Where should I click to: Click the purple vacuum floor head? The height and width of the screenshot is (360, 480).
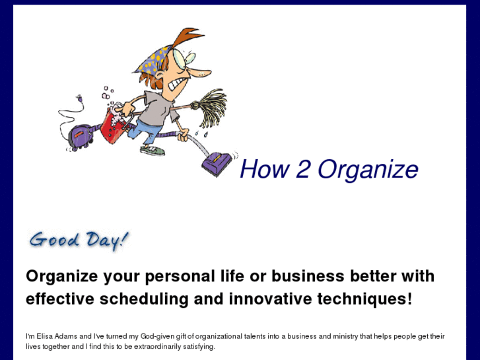(x=217, y=161)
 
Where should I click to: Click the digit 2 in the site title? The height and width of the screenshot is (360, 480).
(x=302, y=170)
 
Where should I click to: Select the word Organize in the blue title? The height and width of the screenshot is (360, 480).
(x=368, y=170)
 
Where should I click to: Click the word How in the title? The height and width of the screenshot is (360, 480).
(x=264, y=170)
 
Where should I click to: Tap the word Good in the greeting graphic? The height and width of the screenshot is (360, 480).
(x=54, y=239)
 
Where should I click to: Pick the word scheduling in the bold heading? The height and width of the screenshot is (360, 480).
(x=144, y=299)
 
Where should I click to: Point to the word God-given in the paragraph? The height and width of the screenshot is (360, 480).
(x=158, y=336)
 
